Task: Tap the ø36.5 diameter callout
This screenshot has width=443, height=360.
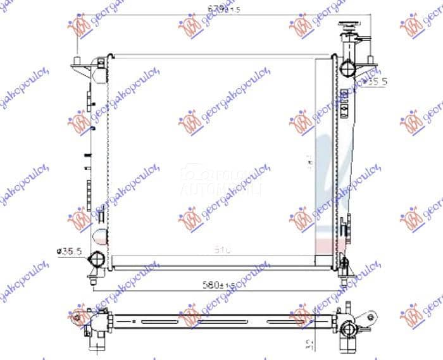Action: [70, 252]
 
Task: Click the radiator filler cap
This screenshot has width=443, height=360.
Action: [349, 28]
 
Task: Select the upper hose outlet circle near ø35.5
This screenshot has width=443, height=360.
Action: [347, 68]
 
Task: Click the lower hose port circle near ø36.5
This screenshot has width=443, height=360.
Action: [97, 259]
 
